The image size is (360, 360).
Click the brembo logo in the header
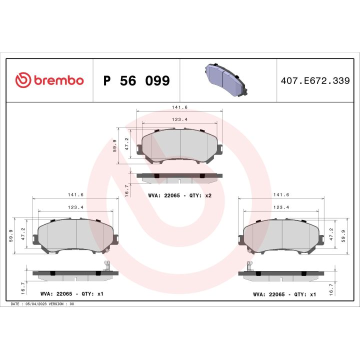click(x=49, y=80)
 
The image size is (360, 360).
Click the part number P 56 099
click(x=136, y=80)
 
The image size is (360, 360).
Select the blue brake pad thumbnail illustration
click(x=226, y=80)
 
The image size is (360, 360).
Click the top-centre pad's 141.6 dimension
click(x=179, y=107)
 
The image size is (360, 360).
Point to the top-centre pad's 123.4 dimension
click(x=179, y=119)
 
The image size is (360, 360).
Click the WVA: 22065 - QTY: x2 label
click(x=180, y=195)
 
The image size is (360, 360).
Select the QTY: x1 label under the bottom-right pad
click(x=305, y=294)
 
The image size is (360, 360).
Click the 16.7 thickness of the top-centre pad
click(x=126, y=189)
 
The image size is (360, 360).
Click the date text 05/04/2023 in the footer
click(x=36, y=304)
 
